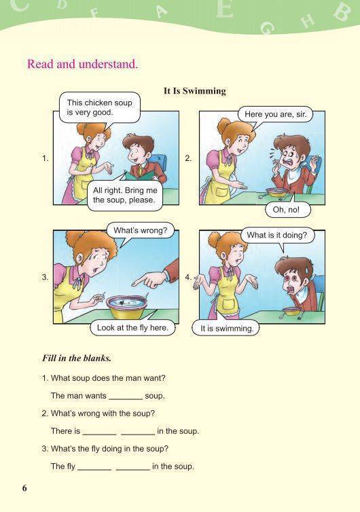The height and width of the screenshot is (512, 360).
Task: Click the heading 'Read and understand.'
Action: tap(83, 64)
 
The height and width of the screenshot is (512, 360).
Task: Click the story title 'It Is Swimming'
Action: tap(195, 91)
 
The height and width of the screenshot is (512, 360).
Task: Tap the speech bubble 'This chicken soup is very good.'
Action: tap(100, 107)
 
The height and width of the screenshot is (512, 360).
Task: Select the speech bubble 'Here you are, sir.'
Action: tap(275, 115)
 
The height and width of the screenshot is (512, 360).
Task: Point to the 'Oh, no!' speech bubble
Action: tap(286, 210)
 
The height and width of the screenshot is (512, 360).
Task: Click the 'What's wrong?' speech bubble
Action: tap(141, 230)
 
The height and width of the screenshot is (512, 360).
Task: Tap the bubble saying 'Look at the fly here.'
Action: tap(132, 328)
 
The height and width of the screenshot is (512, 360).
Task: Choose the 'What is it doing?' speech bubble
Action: tap(277, 235)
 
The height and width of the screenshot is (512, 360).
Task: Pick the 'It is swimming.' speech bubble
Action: tap(227, 329)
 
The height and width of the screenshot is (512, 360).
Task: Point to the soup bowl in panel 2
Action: tap(276, 192)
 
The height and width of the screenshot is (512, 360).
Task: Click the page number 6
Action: tap(24, 488)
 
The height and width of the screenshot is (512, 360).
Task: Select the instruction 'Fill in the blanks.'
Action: tap(77, 359)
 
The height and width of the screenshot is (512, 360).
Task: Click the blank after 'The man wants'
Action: tap(126, 398)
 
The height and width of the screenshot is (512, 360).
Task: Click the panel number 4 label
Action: tap(188, 277)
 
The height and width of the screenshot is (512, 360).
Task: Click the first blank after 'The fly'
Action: tap(94, 469)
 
